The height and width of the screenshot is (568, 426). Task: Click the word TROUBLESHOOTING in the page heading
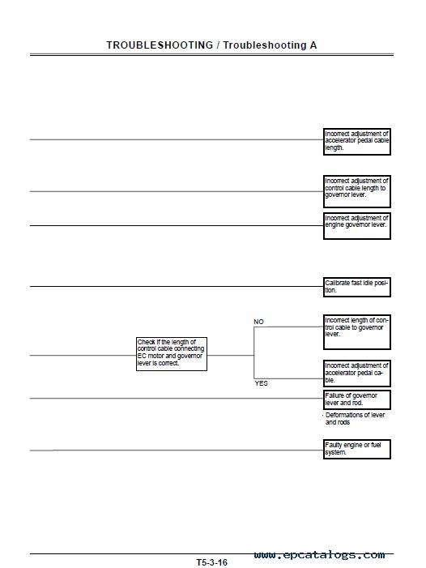tap(160, 45)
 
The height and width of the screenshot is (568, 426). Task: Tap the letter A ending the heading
tap(313, 45)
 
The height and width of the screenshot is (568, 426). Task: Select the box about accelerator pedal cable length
tap(357, 142)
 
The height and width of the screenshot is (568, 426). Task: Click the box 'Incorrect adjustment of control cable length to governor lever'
tap(357, 191)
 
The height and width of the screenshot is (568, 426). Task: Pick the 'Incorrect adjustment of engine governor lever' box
tap(357, 226)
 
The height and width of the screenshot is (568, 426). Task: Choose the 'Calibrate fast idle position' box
tap(357, 287)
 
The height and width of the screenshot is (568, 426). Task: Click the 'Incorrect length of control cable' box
tap(357, 332)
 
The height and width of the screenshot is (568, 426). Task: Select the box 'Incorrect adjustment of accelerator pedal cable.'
tap(357, 373)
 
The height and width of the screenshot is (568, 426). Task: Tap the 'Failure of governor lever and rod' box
tap(357, 399)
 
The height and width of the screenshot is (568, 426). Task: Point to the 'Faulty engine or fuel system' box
tap(357, 449)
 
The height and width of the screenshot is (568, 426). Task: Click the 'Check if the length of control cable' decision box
tap(172, 354)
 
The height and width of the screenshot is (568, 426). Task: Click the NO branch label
tap(258, 322)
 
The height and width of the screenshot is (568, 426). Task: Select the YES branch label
tap(261, 383)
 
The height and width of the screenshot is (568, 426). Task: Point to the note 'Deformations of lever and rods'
tap(355, 418)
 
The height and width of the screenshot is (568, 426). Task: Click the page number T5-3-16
tap(211, 562)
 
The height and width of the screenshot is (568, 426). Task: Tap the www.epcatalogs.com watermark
tap(319, 554)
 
